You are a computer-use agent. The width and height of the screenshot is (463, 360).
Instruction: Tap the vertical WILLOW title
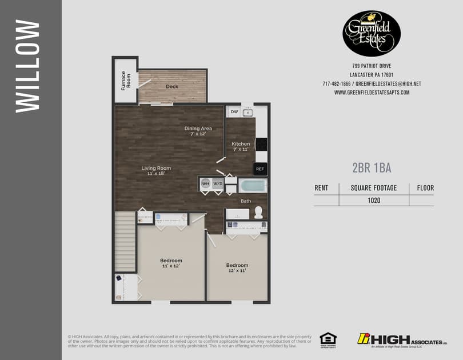tap(27, 66)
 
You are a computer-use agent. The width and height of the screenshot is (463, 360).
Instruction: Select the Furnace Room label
tap(126, 79)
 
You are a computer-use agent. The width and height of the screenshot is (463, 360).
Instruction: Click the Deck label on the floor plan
tap(172, 87)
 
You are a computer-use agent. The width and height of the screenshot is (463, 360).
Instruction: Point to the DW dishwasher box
tap(234, 112)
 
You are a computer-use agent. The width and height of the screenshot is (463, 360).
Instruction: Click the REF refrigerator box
tap(260, 169)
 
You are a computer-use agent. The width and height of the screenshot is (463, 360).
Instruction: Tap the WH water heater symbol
tap(206, 184)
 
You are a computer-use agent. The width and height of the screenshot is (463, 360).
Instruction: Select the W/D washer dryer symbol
tap(218, 184)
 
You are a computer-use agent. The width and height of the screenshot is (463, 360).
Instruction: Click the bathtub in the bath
tap(252, 186)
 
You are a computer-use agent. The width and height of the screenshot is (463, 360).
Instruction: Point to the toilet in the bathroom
tap(258, 212)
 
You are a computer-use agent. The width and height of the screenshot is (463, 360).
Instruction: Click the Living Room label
tap(156, 171)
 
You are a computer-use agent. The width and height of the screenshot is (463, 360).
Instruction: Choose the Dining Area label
tap(198, 131)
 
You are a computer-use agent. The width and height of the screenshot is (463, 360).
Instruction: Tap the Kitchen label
tap(241, 146)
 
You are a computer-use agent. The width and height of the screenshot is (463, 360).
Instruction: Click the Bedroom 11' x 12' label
tap(171, 263)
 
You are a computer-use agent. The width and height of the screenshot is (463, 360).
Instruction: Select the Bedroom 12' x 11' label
tap(237, 268)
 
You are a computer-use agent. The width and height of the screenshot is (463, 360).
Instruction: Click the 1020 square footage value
tap(374, 201)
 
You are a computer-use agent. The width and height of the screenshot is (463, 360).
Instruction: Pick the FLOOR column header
tap(425, 187)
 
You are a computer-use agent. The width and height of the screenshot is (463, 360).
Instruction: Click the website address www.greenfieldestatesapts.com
tap(372, 93)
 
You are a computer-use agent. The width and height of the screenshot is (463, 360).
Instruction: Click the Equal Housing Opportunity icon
tap(328, 339)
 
